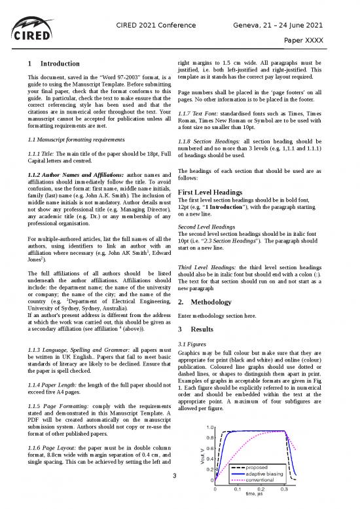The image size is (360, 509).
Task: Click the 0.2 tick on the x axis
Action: [261, 489]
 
